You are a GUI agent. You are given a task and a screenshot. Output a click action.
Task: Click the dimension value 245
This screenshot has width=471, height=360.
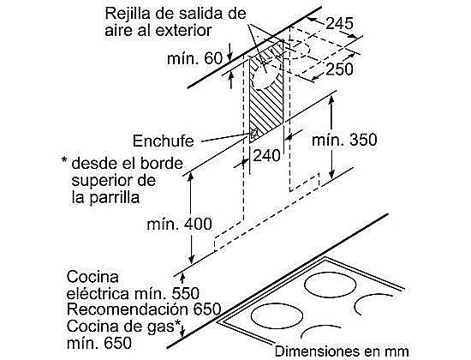coord(339,23)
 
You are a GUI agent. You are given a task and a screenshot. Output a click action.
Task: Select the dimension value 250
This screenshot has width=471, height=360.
coord(339,69)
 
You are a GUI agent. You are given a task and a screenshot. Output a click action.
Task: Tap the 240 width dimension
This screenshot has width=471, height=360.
coord(266,155)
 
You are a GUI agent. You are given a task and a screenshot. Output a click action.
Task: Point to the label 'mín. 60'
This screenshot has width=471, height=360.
coord(194,58)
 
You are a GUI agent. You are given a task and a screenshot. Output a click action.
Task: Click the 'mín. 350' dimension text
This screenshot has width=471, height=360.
coord(344,141)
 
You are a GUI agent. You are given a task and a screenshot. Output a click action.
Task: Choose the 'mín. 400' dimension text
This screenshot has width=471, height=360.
coord(179,224)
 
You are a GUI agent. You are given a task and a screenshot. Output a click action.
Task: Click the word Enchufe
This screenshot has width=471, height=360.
coord(163,141)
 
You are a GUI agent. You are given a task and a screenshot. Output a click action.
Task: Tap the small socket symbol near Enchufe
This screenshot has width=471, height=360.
coord(254,134)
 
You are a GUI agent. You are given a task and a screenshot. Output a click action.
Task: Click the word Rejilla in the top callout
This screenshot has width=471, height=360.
coord(128,15)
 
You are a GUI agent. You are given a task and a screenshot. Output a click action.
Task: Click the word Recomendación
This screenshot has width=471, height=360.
coord(128,309)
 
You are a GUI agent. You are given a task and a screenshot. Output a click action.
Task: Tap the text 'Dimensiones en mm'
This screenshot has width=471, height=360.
coord(342,351)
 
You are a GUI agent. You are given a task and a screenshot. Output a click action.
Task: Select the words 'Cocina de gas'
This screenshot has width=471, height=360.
coord(121,327)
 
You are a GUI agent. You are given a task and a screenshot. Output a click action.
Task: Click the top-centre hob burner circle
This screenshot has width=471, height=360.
coord(330,285)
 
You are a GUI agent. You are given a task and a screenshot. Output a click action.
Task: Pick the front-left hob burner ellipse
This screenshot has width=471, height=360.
coord(277,316)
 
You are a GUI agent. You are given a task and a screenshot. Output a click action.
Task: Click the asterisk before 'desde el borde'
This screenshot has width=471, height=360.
coord(64,159)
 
